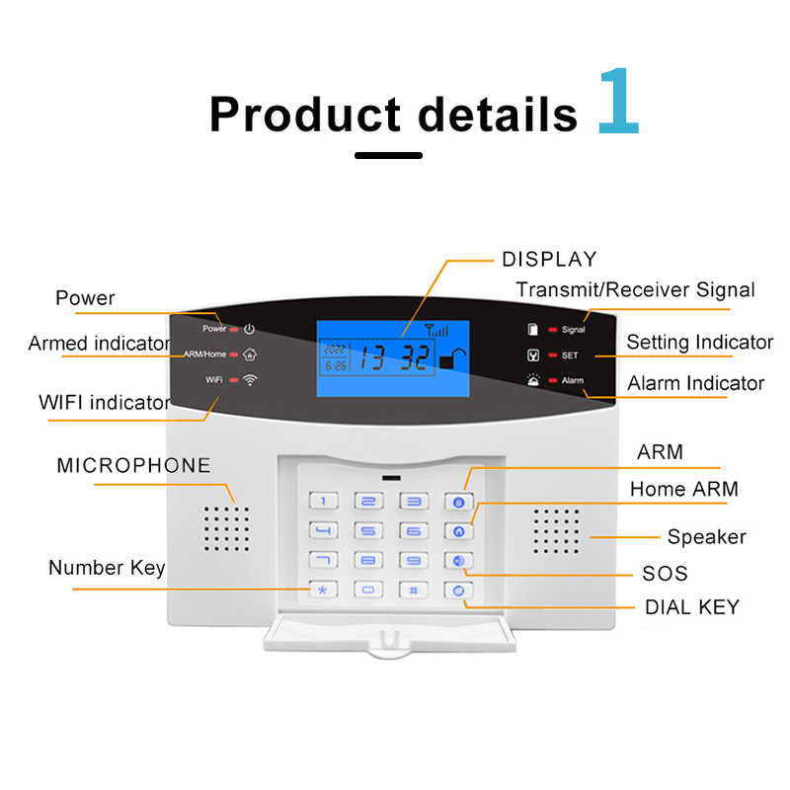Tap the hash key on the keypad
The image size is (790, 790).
pos(414,590)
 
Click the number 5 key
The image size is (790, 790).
pos(370,531)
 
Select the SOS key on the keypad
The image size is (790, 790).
pos(457,561)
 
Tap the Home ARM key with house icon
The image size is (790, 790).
pos(457,531)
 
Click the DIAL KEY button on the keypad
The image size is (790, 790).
pos(457,591)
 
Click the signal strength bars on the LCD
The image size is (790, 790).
pos(435,331)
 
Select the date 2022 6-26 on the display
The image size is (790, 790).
pos(335,357)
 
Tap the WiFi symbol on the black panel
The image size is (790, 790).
pos(250,379)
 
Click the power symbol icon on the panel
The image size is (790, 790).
pos(250,329)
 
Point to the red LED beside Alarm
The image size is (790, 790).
pos(553,380)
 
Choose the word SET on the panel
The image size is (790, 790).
pos(570,355)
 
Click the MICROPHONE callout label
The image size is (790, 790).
pos(133,465)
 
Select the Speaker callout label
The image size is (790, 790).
pos(706,537)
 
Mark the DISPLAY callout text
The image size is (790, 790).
pos(549,260)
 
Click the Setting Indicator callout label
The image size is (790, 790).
pos(699,343)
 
